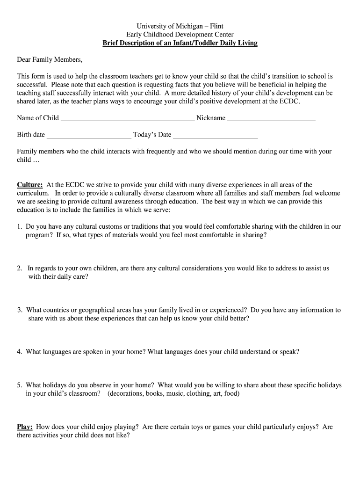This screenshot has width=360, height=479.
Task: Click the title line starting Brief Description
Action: tap(180, 43)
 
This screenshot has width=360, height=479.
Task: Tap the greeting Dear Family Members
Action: tap(50, 60)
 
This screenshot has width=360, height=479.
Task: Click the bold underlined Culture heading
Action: tap(30, 185)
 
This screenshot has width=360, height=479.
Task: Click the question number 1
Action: tap(19, 226)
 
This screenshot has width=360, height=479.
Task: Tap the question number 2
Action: tap(19, 269)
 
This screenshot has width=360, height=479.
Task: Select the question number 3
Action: tap(20, 310)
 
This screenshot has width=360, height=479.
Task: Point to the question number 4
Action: tap(19, 352)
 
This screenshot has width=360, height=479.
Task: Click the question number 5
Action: tap(19, 385)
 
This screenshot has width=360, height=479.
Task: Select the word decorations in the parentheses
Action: tap(126, 394)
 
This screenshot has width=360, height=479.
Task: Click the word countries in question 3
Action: tap(59, 310)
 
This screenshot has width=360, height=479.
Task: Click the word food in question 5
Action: tap(231, 394)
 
